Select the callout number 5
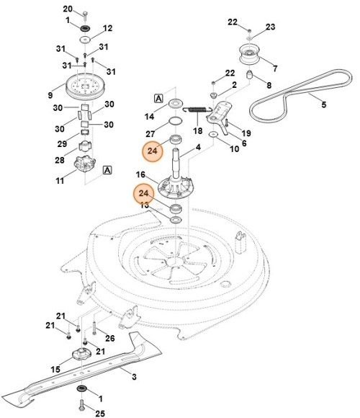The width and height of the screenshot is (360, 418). pos(323,105)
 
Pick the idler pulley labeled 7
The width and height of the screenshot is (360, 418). pos(249,56)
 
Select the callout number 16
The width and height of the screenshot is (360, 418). pos(141,175)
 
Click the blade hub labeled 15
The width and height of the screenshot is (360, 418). pos(81,356)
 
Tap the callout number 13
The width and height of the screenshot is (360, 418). pos(144,205)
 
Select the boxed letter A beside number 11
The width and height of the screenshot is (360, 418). pos(107,170)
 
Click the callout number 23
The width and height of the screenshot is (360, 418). pos(271,27)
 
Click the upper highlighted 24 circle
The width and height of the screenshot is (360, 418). pos(153,151)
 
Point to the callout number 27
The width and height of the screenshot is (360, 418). pos(150,133)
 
